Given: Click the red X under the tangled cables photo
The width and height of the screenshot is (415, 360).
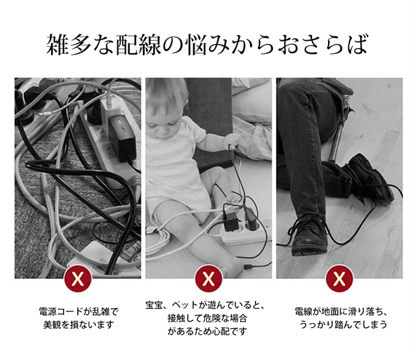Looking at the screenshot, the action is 78,278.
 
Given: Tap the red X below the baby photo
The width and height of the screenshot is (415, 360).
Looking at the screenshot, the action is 209,278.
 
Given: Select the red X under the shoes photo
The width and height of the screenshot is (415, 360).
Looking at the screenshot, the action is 340,278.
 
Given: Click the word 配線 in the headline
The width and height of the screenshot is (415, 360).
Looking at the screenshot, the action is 138,44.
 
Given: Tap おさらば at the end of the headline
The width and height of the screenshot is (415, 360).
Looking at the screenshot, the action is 322,44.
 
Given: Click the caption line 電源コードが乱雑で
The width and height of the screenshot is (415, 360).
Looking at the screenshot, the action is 78,311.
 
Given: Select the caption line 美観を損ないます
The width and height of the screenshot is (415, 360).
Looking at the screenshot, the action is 78,324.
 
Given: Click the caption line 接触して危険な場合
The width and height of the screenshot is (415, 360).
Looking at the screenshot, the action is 207,318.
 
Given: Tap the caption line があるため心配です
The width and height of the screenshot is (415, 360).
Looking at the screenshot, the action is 207,331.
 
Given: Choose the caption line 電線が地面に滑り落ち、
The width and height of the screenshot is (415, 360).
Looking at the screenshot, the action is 342,311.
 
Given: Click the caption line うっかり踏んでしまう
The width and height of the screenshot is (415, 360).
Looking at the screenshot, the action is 343,324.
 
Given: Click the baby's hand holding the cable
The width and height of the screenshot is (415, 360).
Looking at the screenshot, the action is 231,141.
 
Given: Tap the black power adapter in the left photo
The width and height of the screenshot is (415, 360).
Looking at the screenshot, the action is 122,138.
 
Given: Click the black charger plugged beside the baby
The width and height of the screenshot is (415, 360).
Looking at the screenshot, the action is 230,221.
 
